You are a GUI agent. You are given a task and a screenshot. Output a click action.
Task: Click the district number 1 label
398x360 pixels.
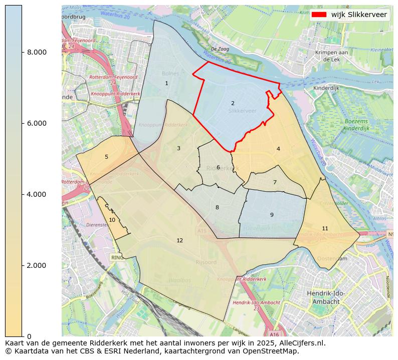pyautogui.click(x=166, y=84)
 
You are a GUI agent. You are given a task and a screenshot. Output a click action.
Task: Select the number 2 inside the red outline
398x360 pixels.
pyautogui.click(x=233, y=104)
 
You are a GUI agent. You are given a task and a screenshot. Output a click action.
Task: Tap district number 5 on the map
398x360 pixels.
pyautogui.click(x=106, y=157)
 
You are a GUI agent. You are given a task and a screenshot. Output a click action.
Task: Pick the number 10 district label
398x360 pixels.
pyautogui.click(x=112, y=220)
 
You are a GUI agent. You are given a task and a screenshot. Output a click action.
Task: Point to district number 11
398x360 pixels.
pyautogui.click(x=325, y=229)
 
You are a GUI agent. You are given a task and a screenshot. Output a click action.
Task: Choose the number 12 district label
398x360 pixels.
pyautogui.click(x=179, y=241)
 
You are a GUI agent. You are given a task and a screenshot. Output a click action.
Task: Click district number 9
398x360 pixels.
pyautogui.click(x=272, y=215)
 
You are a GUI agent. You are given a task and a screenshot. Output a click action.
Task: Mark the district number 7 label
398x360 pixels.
pyautogui.click(x=275, y=183)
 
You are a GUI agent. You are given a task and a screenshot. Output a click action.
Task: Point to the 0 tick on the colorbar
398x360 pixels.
pyautogui.click(x=29, y=336)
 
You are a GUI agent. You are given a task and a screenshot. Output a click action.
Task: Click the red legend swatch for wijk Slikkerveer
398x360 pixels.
pyautogui.click(x=319, y=15)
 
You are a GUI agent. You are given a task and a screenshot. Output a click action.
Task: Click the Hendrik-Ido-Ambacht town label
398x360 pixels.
pyautogui.click(x=326, y=297)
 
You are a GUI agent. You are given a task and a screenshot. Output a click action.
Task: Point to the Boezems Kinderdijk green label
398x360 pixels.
pyautogui.click(x=356, y=125)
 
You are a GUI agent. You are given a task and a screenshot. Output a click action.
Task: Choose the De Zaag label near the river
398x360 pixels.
pyautogui.click(x=220, y=49)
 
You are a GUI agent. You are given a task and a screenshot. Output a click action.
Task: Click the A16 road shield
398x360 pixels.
pyautogui.click(x=274, y=334)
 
